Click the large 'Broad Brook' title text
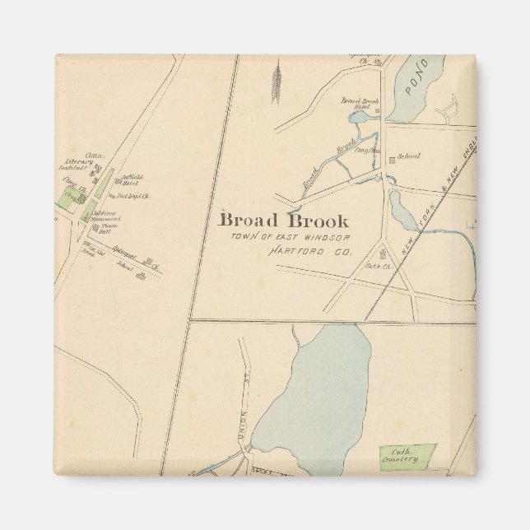[283, 221]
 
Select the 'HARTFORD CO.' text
[310, 249]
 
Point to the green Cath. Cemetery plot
[407, 455]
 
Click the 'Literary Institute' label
[72, 165]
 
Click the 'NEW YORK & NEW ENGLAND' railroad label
[444, 193]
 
